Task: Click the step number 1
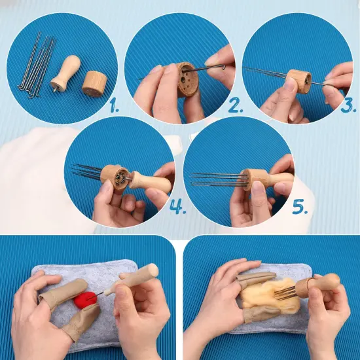point(114,105)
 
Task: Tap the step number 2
point(235,105)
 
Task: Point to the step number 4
point(178,206)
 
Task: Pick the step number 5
point(300,206)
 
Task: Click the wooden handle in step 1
point(66,72)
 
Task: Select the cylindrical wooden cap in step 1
point(95,84)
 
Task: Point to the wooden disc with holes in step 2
point(187,79)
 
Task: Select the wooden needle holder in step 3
point(299,81)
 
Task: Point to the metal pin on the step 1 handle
point(55,89)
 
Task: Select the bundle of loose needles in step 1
point(36,65)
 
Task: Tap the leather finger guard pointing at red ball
point(63,291)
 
